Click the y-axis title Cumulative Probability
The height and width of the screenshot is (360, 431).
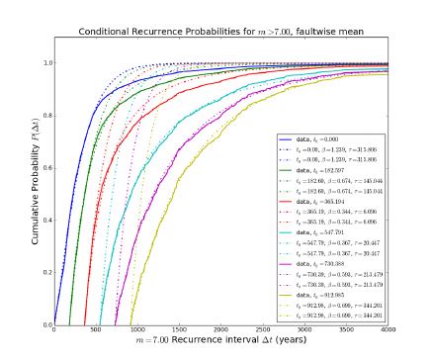click(20, 186)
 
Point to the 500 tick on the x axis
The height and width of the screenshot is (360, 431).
click(96, 330)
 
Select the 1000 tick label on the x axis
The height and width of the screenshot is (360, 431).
click(138, 330)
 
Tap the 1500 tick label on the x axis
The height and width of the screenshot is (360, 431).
click(181, 330)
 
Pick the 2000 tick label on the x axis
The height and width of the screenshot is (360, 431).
click(223, 330)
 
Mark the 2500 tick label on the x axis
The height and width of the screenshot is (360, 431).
click(266, 330)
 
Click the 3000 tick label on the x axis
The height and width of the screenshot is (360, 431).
click(308, 330)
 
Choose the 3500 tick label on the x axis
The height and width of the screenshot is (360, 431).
click(351, 330)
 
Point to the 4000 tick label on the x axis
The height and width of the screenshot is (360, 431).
click(392, 330)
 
